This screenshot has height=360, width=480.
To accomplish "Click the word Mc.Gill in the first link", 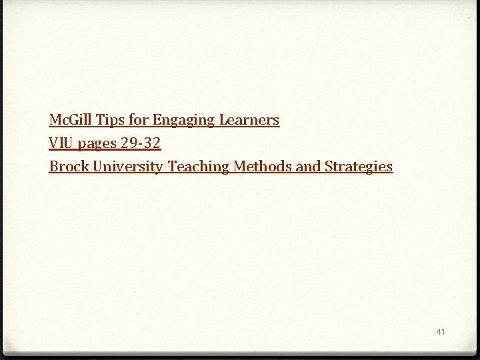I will point(71,120).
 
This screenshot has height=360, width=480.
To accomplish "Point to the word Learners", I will point(249,120).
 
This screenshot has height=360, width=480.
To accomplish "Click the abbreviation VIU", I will point(60,143).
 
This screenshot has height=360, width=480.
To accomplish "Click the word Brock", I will point(69,167).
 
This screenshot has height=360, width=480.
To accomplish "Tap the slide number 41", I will point(440,331).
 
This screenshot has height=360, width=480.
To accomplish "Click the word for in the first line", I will point(139,120).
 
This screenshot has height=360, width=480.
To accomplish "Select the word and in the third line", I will point(308,167).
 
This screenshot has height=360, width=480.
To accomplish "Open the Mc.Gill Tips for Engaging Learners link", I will point(164,120).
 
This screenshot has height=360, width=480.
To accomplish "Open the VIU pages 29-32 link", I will point(105,143).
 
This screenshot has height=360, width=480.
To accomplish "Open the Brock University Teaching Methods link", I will point(221,167).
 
